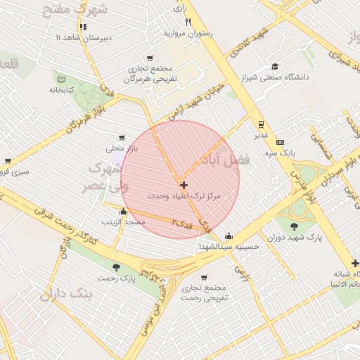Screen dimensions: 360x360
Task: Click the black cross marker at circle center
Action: (x=184, y=186)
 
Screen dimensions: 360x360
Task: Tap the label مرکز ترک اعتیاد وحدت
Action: (x=185, y=197)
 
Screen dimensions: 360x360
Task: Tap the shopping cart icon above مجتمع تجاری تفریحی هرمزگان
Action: (x=150, y=59)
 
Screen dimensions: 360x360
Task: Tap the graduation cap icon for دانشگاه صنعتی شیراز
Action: (x=274, y=66)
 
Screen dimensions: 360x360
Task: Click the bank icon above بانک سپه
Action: (x=280, y=141)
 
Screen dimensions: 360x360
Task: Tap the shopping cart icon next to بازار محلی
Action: (x=122, y=139)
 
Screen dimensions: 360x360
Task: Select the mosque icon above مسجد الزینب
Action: (x=124, y=212)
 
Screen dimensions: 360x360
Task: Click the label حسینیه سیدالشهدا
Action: (x=229, y=247)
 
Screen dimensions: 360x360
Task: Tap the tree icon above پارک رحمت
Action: (x=116, y=267)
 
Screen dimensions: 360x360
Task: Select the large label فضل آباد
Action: (x=226, y=160)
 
